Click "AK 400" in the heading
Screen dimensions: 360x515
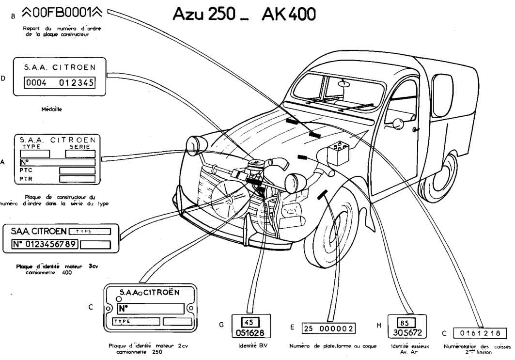pyautogui.click(x=288, y=14)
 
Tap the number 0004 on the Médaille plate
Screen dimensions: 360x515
pyautogui.click(x=36, y=82)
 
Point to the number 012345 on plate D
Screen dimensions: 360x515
pyautogui.click(x=76, y=82)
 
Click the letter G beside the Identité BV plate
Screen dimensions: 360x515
pyautogui.click(x=221, y=325)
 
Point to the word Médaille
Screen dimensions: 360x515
pyautogui.click(x=52, y=110)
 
